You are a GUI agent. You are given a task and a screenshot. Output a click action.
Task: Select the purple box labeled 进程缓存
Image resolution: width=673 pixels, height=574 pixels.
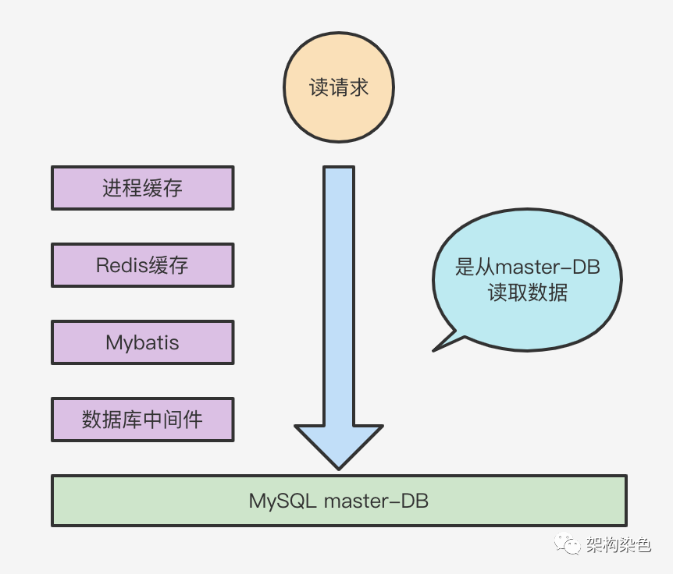tap(142, 188)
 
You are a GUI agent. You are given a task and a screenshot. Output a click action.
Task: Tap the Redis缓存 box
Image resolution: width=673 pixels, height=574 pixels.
tap(142, 265)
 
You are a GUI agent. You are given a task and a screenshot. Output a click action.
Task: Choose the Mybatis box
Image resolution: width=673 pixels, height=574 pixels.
tap(142, 342)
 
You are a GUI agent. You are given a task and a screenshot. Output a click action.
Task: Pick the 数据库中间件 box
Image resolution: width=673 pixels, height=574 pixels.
tap(142, 420)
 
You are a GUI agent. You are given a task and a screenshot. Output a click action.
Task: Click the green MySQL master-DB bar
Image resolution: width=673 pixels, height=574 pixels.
tap(338, 500)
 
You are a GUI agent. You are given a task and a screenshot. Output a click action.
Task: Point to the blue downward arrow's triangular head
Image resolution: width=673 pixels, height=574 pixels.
tap(338, 445)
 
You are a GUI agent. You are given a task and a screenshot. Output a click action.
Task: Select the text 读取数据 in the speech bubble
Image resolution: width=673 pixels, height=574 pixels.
tap(527, 294)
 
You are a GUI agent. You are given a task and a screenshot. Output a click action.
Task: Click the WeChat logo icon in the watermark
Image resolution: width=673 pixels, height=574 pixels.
tap(568, 544)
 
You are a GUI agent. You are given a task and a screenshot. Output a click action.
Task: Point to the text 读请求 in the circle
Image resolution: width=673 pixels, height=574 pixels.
tap(338, 88)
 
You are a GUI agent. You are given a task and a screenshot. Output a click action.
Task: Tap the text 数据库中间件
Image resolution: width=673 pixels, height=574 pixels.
tap(142, 420)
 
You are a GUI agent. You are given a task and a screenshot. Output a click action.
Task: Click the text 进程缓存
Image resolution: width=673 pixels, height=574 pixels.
tap(142, 188)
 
